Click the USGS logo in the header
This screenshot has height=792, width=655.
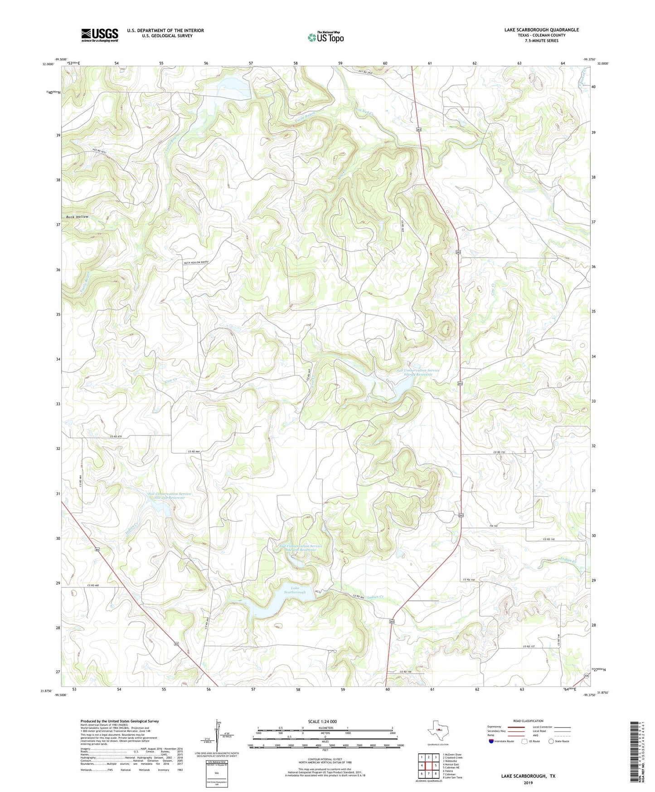point(99,35)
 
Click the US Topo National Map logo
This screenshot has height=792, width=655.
point(325,37)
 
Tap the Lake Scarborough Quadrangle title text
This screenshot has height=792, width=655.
point(541,30)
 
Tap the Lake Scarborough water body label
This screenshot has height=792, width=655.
point(295,590)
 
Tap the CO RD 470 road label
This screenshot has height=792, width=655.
point(116,436)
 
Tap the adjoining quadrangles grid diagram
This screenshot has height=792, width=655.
point(428,766)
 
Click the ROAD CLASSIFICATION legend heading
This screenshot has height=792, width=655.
point(528,721)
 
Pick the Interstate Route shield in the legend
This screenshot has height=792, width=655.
point(492,741)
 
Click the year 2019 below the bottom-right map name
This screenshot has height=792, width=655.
point(528,783)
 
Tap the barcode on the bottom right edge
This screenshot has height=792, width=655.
point(635,751)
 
